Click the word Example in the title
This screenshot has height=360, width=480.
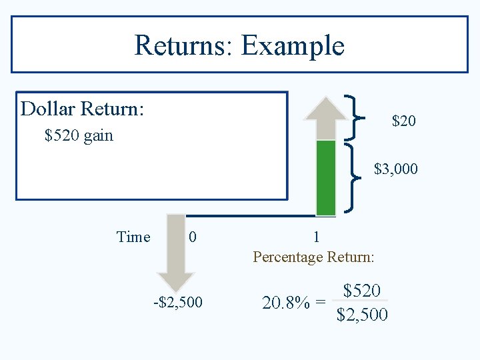coord(293,45)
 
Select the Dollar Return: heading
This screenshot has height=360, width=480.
coord(82,109)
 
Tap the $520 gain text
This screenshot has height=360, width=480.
coord(79,136)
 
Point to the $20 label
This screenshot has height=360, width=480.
coord(404,121)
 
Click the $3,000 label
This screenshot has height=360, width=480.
coord(396,169)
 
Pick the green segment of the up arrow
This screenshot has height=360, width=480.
coord(325,177)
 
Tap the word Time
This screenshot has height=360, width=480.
coord(133,237)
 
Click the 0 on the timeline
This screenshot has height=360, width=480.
coord(192,237)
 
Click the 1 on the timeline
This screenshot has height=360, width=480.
coord(316,237)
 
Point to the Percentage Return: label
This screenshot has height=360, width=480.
coord(313,257)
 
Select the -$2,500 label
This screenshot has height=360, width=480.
coord(177,303)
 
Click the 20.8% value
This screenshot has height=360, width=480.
coord(285,303)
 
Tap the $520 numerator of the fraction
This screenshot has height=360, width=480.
coord(362,291)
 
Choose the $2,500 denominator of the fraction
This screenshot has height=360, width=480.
coord(362,314)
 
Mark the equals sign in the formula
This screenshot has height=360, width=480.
coord(321,303)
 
